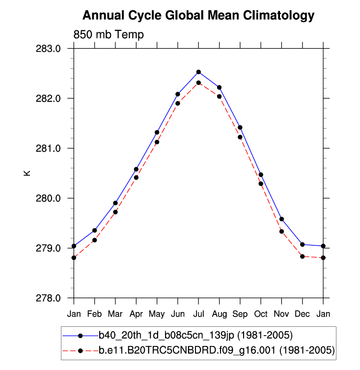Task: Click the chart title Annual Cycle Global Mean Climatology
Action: coord(198,16)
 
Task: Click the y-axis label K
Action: coord(28,173)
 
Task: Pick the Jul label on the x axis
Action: coord(198,314)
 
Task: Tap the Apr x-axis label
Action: coord(136,314)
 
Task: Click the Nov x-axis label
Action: coord(281,314)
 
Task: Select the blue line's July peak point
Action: coord(198,72)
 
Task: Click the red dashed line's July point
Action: coord(198,83)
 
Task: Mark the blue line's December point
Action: coord(303,244)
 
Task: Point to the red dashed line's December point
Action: coord(303,256)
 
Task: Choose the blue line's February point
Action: coord(94,230)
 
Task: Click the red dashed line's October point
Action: coord(261,184)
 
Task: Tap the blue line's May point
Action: coord(157,132)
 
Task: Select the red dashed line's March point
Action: coord(115,212)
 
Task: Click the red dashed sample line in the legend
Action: coord(80,350)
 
